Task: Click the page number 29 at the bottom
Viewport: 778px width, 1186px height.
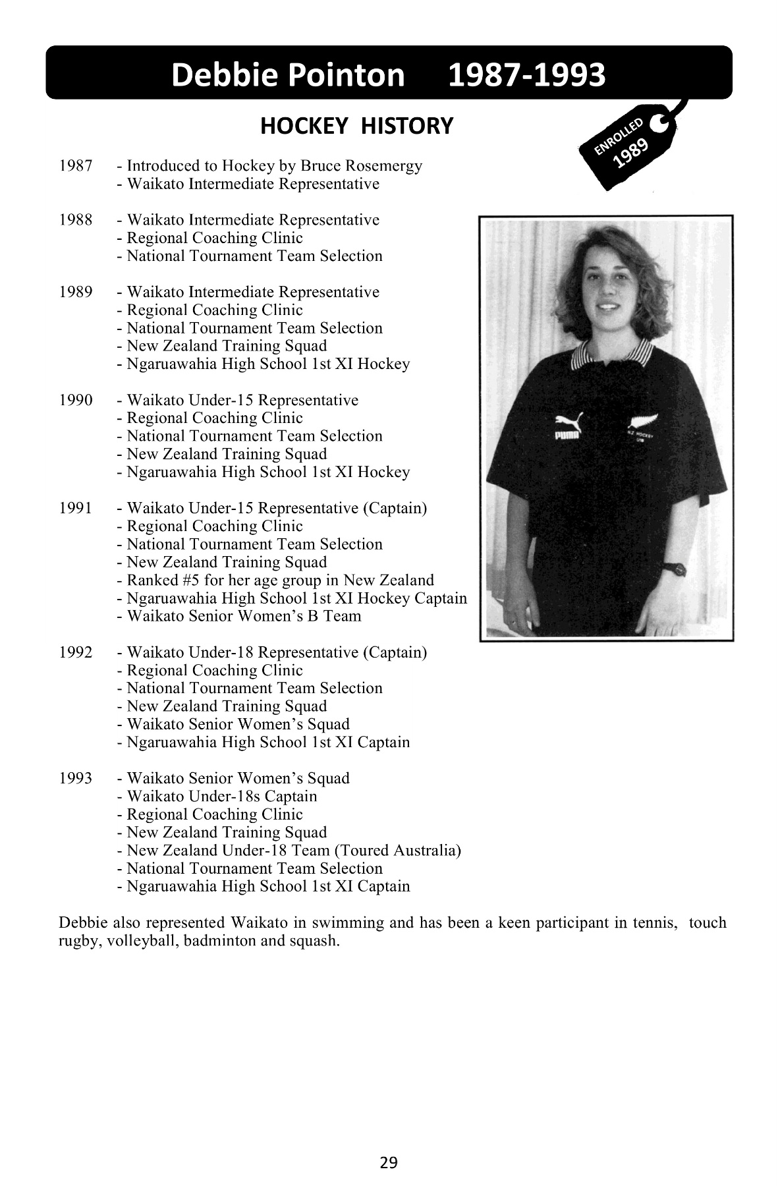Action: tap(389, 1162)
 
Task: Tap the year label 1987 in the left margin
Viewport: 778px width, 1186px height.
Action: tap(76, 165)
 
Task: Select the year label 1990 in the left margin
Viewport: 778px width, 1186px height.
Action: tap(76, 400)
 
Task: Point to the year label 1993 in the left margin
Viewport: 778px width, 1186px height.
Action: tap(76, 778)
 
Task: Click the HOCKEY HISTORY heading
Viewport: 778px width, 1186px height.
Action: tap(356, 125)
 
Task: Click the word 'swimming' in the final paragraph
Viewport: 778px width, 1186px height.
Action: tap(353, 922)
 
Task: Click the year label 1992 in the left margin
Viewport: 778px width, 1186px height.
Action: tap(76, 652)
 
